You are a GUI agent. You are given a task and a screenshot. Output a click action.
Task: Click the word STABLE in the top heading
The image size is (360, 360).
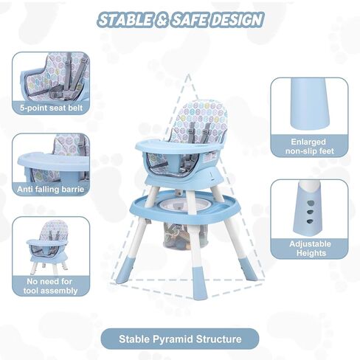coord(126,20)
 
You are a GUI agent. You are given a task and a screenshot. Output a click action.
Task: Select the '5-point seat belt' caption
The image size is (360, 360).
coord(51,108)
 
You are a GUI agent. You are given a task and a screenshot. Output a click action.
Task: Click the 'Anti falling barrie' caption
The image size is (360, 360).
coord(51,189)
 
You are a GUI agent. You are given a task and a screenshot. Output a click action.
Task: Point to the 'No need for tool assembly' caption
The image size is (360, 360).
coord(50,286)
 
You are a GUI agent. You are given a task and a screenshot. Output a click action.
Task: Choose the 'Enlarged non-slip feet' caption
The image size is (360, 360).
coord(309,146)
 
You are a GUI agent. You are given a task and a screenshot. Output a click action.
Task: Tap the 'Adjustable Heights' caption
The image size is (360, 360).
coord(310,249)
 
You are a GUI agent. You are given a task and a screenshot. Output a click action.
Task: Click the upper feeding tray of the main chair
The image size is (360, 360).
coord(179,147)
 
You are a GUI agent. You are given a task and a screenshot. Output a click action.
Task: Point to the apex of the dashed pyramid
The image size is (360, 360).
coord(189,74)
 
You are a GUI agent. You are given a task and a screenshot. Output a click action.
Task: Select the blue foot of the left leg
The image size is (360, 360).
coord(125,273)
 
